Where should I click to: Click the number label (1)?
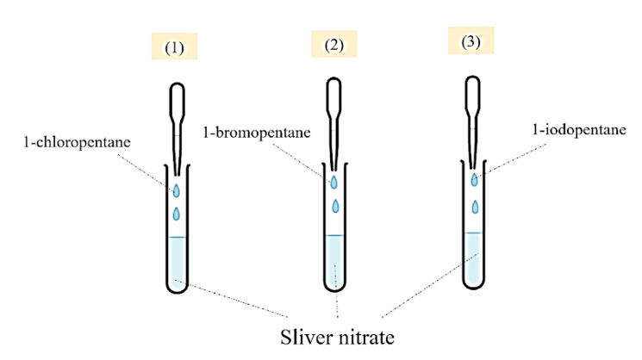(176, 47)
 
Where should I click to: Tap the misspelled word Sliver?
(302, 333)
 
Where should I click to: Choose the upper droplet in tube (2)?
(333, 181)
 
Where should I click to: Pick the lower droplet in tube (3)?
(475, 206)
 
